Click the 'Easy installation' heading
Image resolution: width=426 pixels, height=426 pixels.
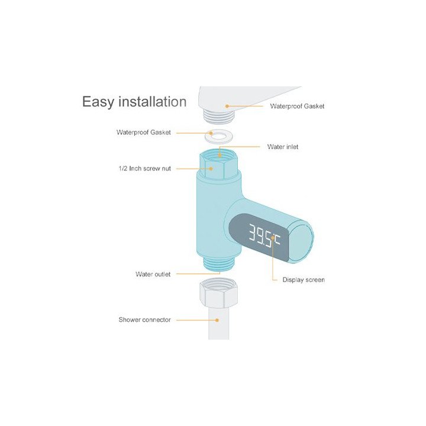point(134,102)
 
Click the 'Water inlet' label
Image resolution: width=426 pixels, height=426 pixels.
point(283,147)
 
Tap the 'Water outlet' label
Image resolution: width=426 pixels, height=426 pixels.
point(153,274)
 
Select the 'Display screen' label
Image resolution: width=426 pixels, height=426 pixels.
point(304,280)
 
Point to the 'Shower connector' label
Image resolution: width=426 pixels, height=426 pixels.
point(144,319)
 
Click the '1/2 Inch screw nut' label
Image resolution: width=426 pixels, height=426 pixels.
point(144,169)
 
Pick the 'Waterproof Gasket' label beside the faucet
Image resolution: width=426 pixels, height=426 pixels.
point(297,106)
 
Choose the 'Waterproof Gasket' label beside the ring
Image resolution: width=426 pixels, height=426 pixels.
point(143,133)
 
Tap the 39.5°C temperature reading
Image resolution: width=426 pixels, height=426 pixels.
point(264,236)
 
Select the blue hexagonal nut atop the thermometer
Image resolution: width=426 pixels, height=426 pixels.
point(219,165)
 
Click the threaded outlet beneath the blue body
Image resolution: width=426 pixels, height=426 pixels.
point(218,264)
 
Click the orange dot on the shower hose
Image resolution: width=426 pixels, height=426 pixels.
point(217,320)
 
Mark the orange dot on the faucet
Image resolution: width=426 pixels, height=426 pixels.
point(227,106)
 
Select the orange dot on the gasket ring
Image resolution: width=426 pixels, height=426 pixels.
point(211,133)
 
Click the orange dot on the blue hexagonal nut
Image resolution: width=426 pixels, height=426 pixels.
point(211,169)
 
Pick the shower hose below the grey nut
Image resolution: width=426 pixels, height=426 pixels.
point(219,323)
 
